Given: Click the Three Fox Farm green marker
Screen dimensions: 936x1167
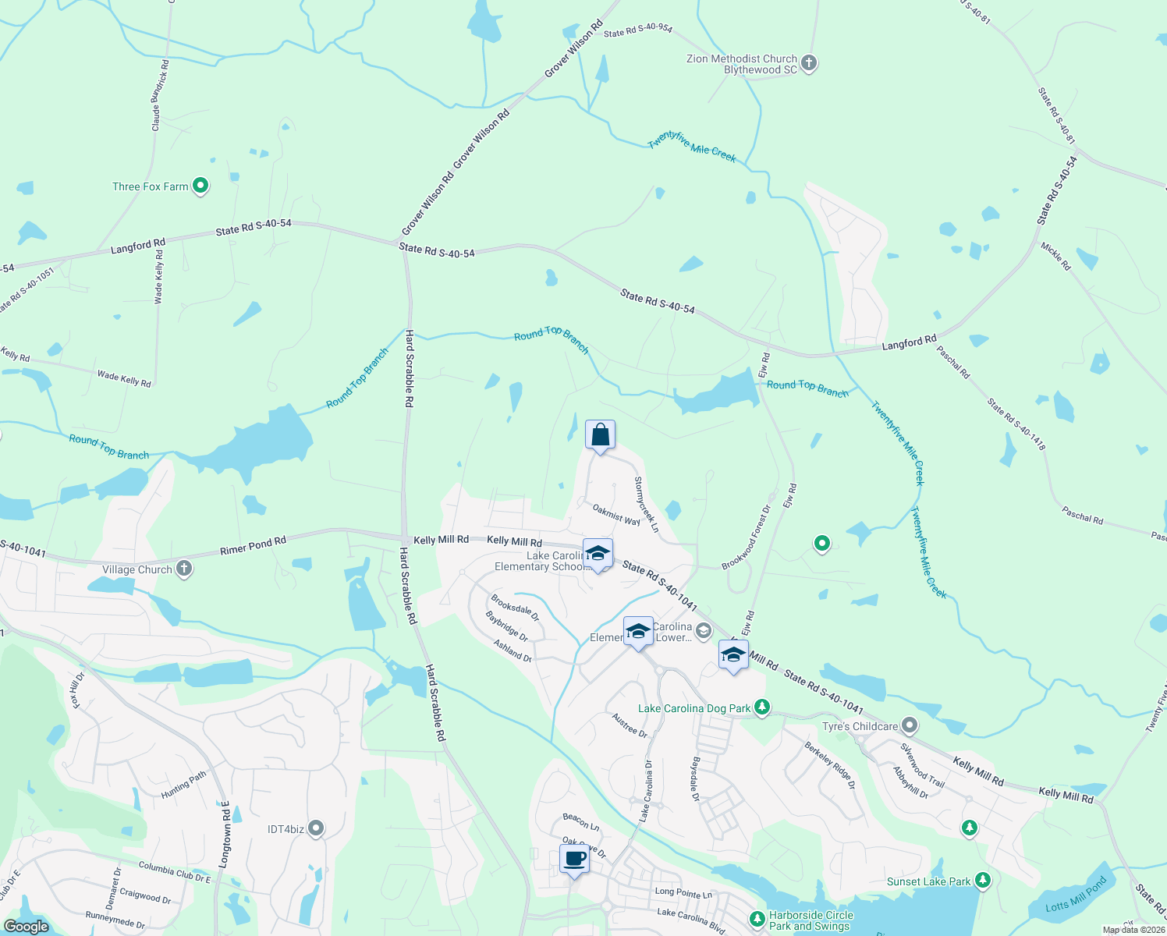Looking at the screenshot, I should [200, 186].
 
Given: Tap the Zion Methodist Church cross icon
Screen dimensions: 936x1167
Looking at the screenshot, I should [809, 62].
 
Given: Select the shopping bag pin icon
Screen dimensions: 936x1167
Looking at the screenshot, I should [600, 435].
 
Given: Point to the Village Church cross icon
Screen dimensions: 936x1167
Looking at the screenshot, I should [184, 569].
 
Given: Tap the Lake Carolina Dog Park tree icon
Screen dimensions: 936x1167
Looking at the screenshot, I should [762, 707].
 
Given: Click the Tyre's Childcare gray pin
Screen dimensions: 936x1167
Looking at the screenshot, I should [910, 726].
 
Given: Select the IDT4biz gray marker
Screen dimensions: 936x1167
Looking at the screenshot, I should [316, 828].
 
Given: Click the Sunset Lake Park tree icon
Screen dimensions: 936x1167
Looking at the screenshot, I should [983, 881].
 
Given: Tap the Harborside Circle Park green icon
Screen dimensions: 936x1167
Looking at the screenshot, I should [757, 919].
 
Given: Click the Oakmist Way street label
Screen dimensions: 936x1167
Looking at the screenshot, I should [616, 514].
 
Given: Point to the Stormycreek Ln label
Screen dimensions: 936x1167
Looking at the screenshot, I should [647, 505].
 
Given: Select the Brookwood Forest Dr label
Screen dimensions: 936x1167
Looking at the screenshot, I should [747, 537].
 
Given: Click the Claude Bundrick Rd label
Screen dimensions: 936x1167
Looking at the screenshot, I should [160, 95].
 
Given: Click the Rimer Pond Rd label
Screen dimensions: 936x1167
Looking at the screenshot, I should [253, 545].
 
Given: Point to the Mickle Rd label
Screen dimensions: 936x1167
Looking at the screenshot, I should [1055, 256].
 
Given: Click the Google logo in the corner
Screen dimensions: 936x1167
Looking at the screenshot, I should [27, 927].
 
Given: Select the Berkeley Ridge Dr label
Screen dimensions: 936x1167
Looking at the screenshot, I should [830, 764].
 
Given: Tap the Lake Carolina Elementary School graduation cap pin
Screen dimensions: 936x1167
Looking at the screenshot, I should [598, 555].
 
